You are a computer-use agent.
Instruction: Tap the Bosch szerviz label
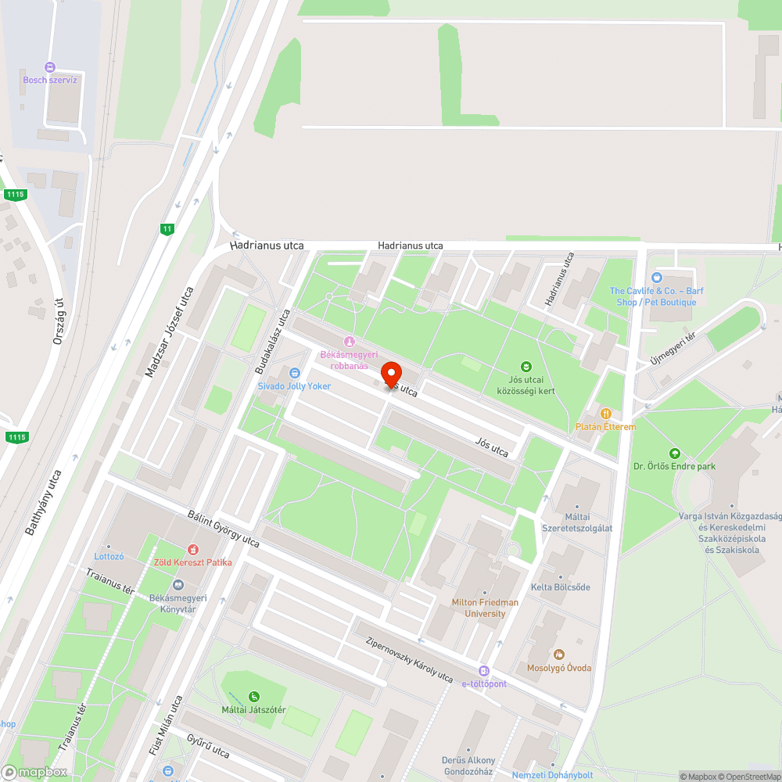coord(50,80)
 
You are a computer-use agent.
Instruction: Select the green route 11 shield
coord(167,229)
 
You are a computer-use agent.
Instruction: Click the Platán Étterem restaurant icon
coord(604,413)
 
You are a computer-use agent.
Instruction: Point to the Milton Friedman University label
coord(485,608)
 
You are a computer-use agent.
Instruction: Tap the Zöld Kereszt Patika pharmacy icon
coord(192,550)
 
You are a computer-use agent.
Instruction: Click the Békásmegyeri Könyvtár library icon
coord(178,585)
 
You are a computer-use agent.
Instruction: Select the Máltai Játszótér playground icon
coord(253,696)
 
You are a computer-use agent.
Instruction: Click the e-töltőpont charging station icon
coord(484,671)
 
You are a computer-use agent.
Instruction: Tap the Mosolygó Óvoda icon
coord(558,655)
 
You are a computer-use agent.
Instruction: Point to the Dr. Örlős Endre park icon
coord(674,454)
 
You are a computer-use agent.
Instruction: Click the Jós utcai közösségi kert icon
coord(526,366)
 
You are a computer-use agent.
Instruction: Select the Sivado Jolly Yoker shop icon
coord(295,374)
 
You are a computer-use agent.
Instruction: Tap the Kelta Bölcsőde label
coord(561,586)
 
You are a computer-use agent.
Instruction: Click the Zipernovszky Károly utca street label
coord(409,659)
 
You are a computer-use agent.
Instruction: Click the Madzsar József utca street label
coord(169,332)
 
